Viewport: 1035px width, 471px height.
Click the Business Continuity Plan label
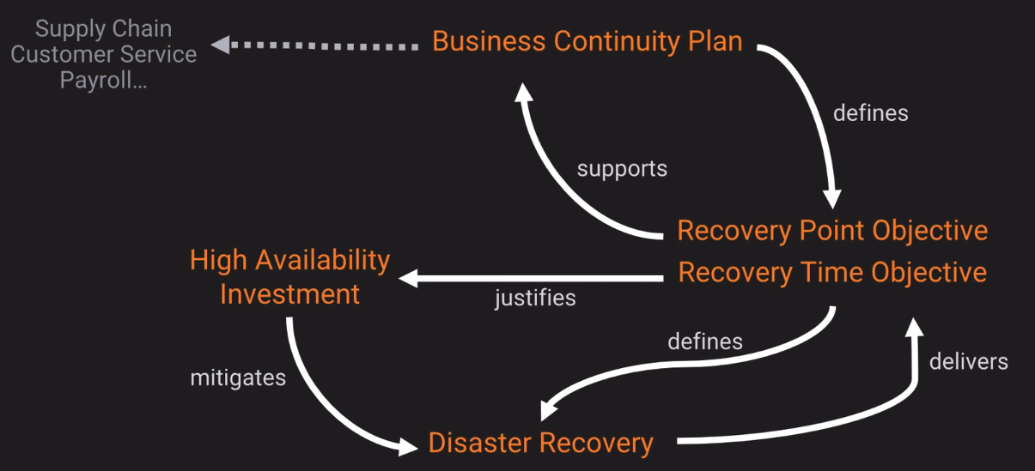point(587,41)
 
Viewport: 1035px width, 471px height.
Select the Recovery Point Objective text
point(832,231)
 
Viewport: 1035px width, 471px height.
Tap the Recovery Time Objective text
point(832,273)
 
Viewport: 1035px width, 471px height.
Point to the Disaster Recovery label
point(540,444)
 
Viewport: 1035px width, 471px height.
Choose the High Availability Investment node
point(289,276)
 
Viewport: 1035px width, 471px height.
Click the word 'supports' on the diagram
point(622,168)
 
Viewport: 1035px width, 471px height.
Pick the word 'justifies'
point(535,299)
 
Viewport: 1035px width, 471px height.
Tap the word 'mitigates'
point(238,377)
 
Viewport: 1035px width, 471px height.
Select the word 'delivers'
point(968,360)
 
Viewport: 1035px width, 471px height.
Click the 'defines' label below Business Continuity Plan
point(870,112)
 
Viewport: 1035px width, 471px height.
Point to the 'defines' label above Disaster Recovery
point(705,341)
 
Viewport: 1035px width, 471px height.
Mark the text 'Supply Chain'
point(103,28)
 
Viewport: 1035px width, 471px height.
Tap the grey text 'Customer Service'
point(103,55)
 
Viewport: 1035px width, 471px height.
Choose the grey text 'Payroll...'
point(103,81)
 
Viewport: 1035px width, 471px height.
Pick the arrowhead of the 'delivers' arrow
point(915,327)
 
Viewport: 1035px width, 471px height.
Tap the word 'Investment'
point(289,294)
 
